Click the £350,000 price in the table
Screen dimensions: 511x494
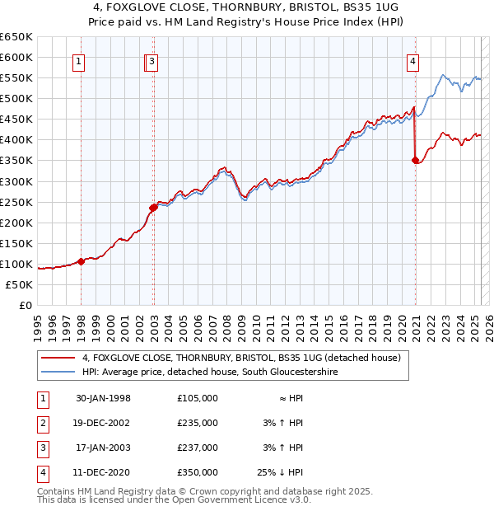198,472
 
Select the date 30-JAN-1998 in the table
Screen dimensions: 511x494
103,398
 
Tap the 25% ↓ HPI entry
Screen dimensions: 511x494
279,472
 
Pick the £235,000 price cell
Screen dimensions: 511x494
198,423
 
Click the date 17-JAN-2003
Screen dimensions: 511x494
103,448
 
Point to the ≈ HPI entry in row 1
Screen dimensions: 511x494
285,398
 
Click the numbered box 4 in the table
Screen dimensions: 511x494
41,472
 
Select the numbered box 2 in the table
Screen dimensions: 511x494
41,423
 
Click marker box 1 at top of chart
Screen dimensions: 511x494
78,60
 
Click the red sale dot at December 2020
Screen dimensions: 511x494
415,161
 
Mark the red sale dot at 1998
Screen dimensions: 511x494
82,261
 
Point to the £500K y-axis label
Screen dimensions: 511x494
16,98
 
